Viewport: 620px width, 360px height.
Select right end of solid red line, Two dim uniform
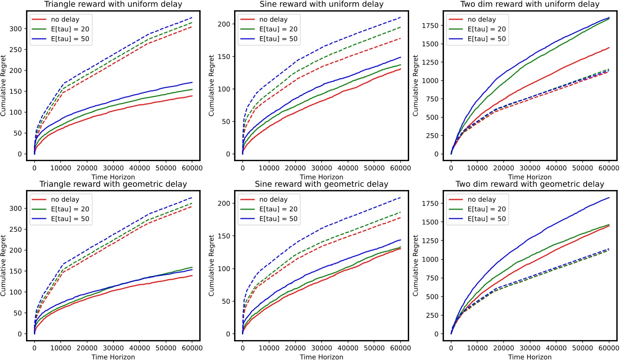pyautogui.click(x=609, y=47)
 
